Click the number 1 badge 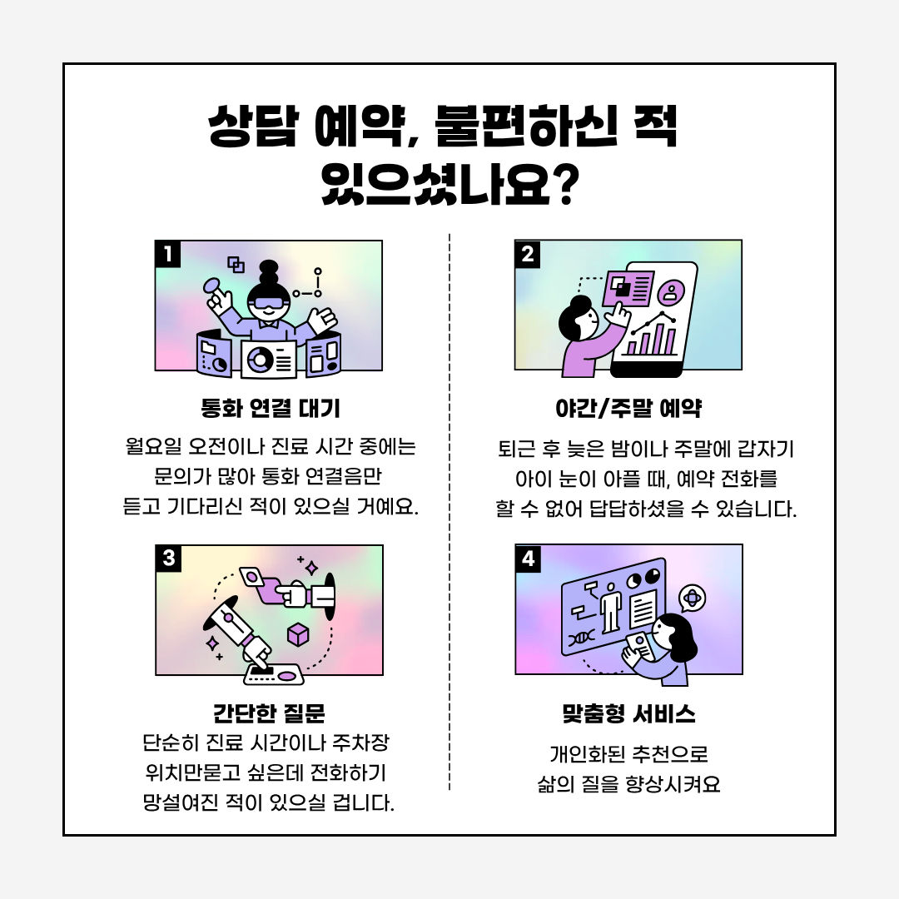click(168, 254)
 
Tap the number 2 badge click(528, 254)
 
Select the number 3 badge click(168, 559)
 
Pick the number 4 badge click(528, 559)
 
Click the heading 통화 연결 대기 click(270, 408)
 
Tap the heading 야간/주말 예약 click(628, 408)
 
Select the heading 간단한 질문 click(270, 713)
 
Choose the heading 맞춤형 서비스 click(629, 713)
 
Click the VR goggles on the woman click(268, 304)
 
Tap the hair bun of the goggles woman click(269, 271)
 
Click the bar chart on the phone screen click(651, 340)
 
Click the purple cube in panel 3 click(298, 634)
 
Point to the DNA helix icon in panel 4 click(582, 637)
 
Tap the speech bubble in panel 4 click(692, 599)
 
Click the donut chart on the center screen click(261, 360)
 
